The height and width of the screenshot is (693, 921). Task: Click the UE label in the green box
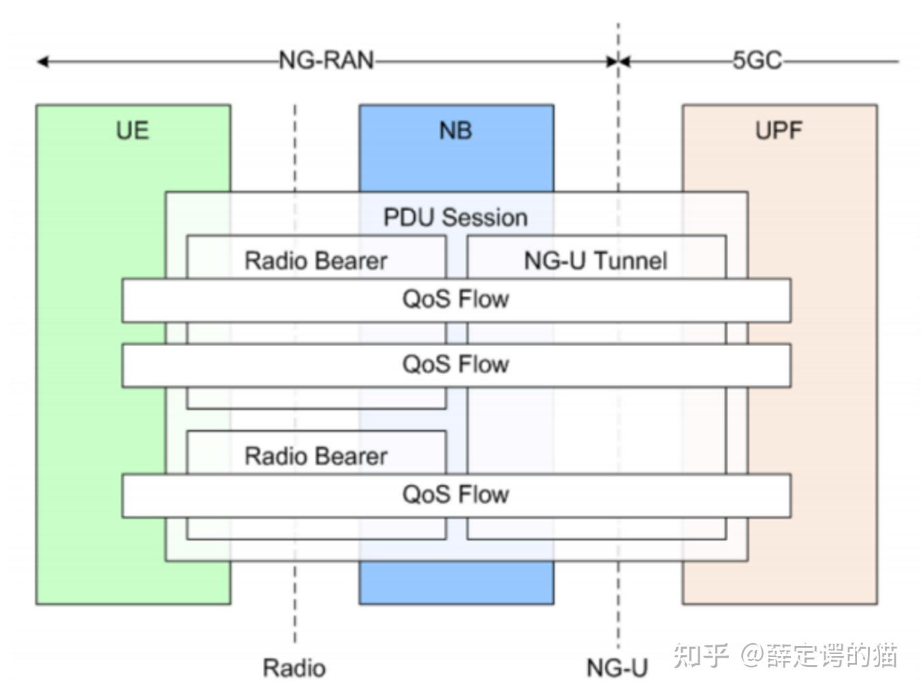coord(132,130)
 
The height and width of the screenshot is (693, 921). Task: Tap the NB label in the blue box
coord(456,130)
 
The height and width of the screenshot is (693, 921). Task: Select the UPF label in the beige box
coord(779,130)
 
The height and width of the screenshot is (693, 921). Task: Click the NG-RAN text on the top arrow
coord(326,61)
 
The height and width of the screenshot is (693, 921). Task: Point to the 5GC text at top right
coord(757,61)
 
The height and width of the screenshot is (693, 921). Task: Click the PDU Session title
coord(455,217)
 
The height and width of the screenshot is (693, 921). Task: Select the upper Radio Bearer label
coord(316,260)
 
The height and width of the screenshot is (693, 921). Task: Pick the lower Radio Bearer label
coord(316,456)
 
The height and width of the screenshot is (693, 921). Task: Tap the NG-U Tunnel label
coord(595,260)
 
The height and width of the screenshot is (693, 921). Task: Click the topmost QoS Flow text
coord(455,299)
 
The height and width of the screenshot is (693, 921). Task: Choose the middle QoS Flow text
coord(455,365)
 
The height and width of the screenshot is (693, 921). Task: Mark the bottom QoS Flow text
coord(455,495)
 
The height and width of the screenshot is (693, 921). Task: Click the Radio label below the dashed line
coord(294,668)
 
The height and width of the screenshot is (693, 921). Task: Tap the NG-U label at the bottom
coord(617,668)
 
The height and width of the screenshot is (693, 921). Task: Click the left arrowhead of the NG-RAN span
coord(42,62)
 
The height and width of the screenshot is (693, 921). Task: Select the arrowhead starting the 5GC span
coord(625,62)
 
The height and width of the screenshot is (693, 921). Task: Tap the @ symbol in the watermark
coord(752,656)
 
